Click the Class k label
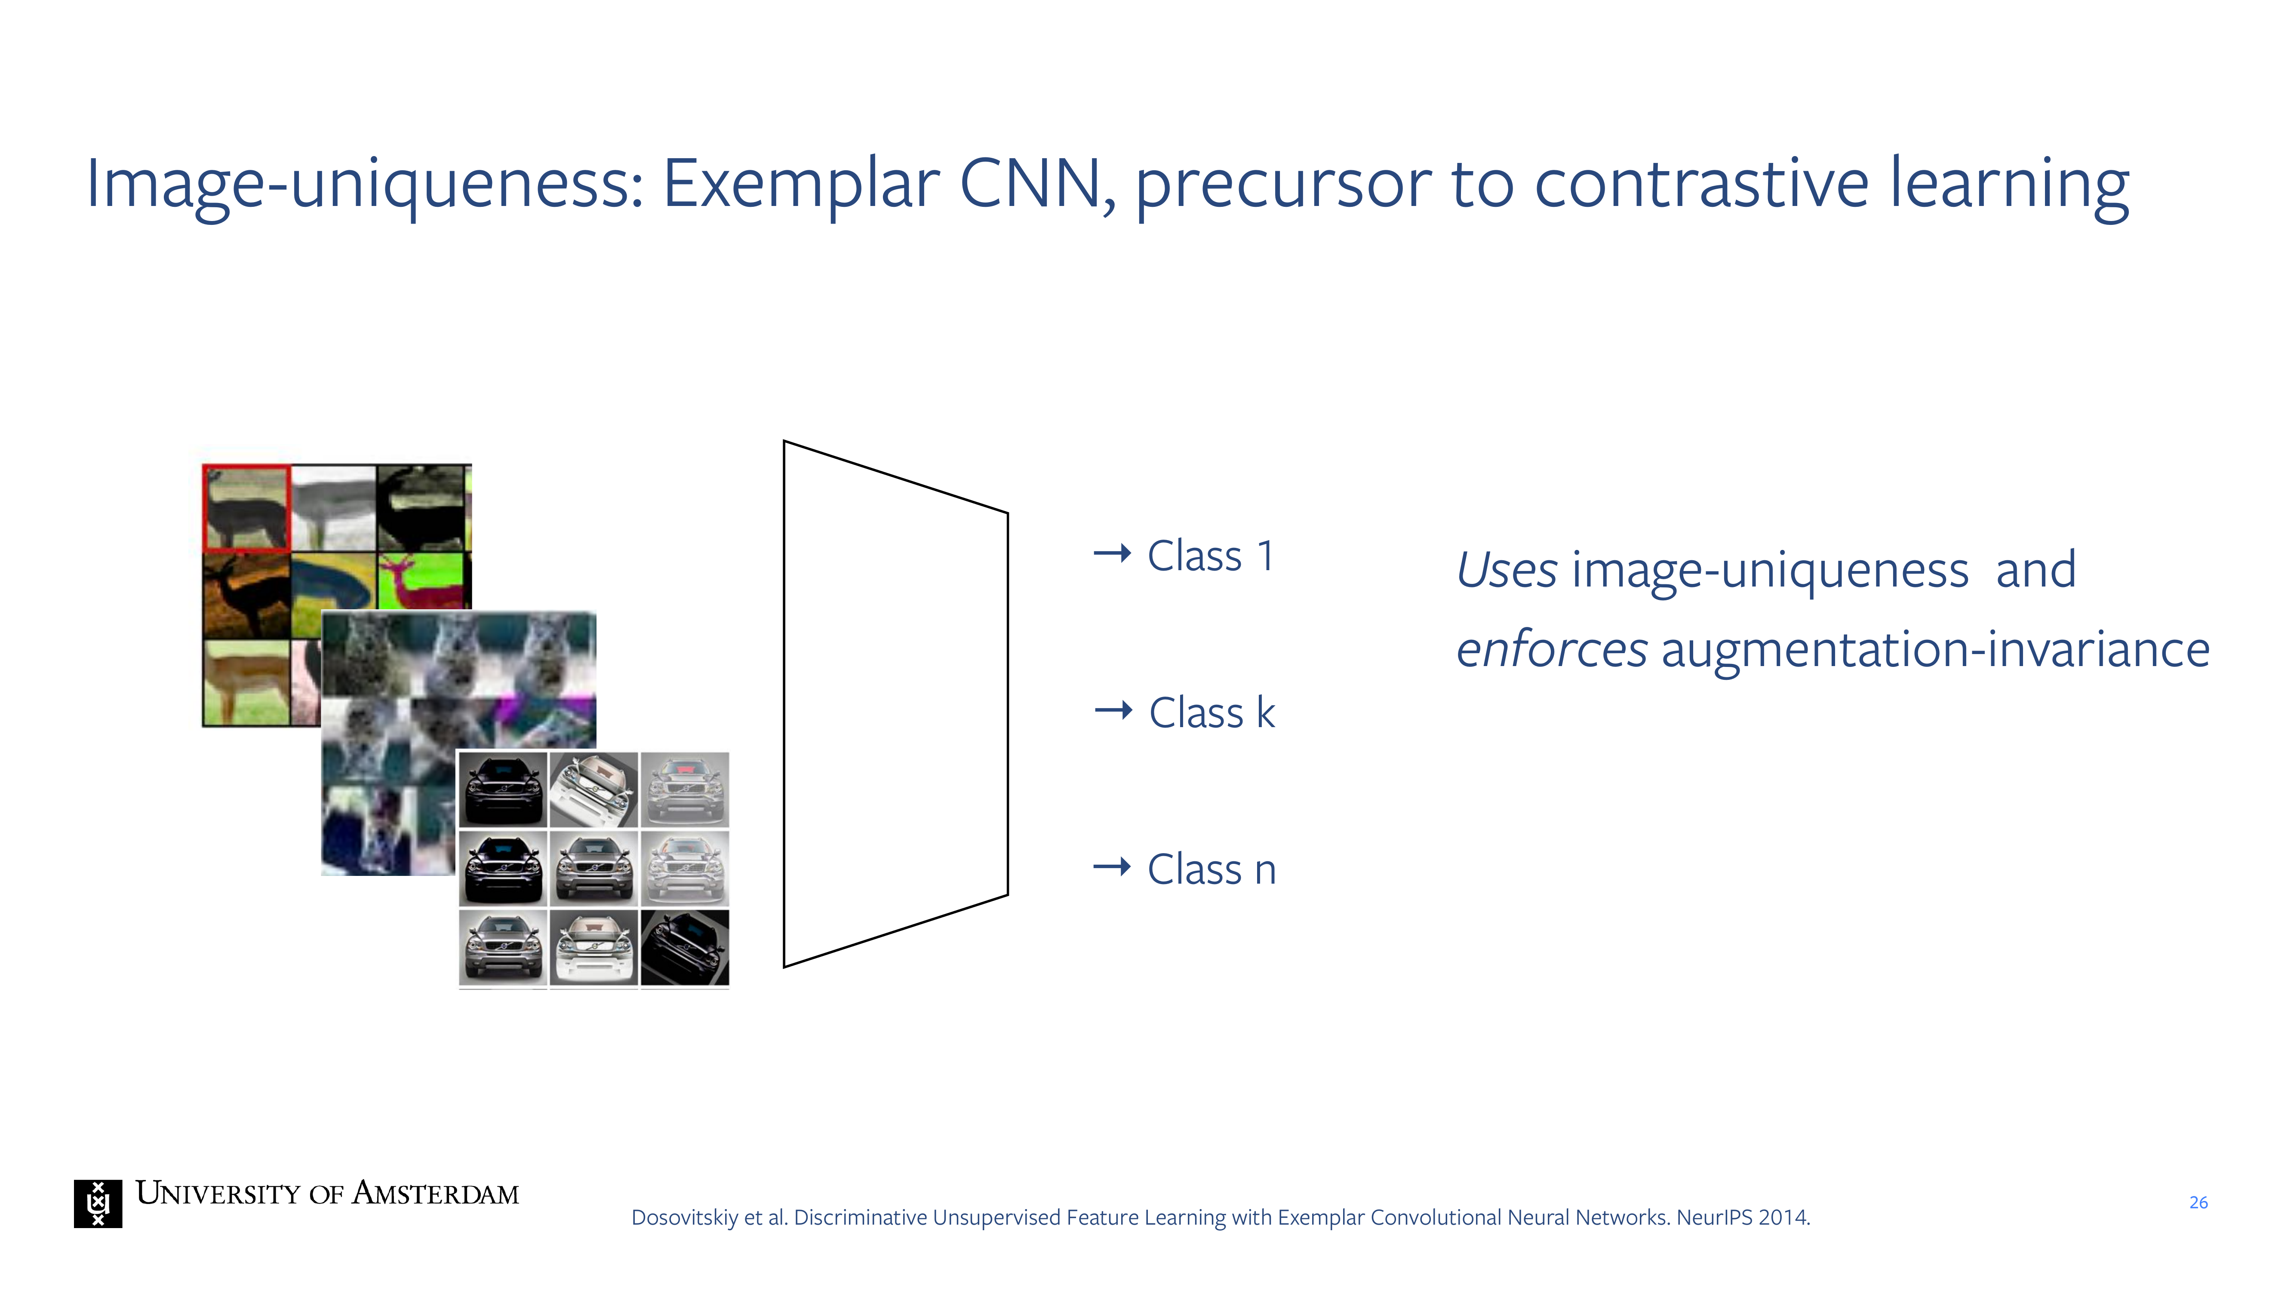[1212, 712]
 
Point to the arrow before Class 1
[1112, 554]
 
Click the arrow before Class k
[1113, 710]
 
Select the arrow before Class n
[1112, 866]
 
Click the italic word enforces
[1551, 649]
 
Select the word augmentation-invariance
[1935, 651]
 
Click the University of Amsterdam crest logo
[98, 1204]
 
